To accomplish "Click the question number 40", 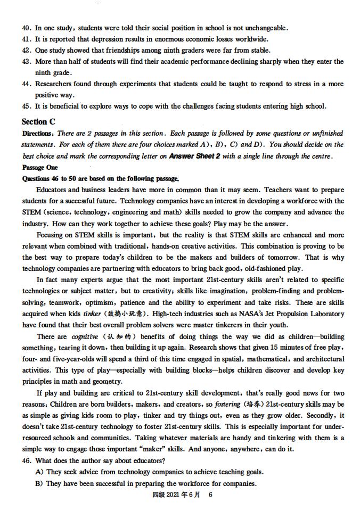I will [27, 28].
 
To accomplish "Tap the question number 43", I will [27, 62].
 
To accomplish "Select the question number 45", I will [27, 106].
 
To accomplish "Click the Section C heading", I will [38, 122].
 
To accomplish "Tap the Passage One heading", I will [40, 167].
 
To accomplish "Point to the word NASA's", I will [239, 314].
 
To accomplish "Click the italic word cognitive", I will [85, 336].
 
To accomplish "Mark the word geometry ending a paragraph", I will [107, 382].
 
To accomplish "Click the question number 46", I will [27, 461].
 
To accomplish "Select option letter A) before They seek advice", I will [39, 472].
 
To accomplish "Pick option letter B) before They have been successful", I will [39, 483].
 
